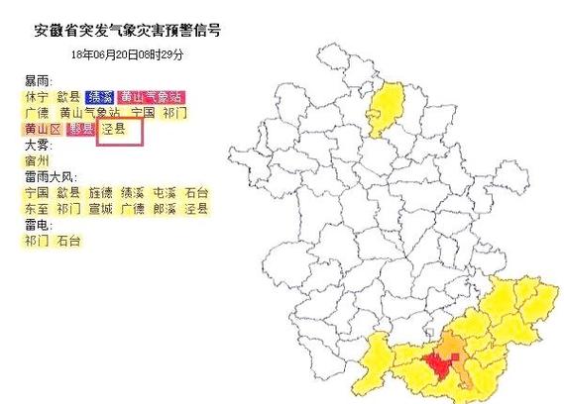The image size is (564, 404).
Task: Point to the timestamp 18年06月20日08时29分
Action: (x=127, y=53)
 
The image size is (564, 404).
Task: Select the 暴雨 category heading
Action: (x=40, y=80)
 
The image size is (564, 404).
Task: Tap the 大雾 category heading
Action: (x=40, y=145)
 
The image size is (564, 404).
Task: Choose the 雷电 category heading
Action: (x=40, y=226)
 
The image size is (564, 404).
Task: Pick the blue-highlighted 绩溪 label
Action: (x=99, y=97)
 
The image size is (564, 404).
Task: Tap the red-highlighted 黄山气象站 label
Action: (x=151, y=97)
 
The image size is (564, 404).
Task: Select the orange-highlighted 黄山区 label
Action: (x=43, y=129)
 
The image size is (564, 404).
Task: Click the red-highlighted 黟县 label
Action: (x=80, y=129)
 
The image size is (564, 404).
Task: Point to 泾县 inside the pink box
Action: (x=115, y=129)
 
